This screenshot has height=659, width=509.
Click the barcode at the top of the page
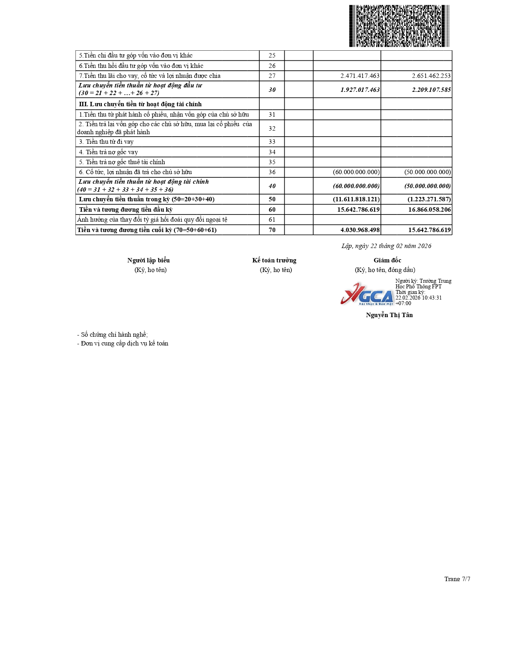[399, 26]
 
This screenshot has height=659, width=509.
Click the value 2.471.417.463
[360, 76]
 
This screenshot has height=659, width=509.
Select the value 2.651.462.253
[431, 76]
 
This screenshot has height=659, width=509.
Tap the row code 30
[272, 90]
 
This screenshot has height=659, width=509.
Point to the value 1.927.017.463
[360, 90]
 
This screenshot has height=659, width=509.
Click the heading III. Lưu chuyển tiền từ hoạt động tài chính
[140, 104]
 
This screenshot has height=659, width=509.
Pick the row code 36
[272, 172]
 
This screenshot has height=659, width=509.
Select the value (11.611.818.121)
[356, 199]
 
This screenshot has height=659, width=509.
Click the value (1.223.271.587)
[429, 199]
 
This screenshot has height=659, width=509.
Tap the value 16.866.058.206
[429, 210]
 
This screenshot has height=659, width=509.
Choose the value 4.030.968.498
[360, 230]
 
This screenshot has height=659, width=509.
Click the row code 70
[272, 230]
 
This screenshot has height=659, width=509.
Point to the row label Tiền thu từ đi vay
[106, 142]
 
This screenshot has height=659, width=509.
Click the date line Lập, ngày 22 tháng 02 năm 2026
[386, 246]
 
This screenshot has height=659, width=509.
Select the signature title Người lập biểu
[149, 260]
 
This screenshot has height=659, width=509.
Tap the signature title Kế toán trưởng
[274, 260]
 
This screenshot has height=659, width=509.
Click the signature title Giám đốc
[387, 260]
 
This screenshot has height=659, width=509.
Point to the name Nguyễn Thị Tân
[389, 315]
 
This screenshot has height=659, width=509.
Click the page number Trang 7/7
[457, 579]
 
